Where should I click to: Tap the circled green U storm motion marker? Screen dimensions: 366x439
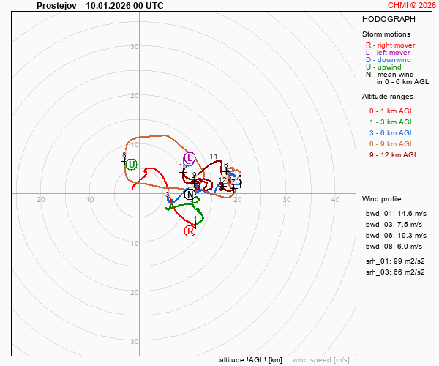tap(132, 164)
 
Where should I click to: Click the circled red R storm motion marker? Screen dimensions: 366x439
tap(190, 231)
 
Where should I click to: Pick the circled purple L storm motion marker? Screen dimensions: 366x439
tap(189, 158)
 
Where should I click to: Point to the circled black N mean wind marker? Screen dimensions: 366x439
tap(190, 194)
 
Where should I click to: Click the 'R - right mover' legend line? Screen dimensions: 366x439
tap(390, 45)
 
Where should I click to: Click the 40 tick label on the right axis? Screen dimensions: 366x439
tap(335, 200)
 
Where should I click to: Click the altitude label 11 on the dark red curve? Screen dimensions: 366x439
tap(214, 157)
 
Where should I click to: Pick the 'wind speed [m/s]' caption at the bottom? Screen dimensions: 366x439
tap(320, 360)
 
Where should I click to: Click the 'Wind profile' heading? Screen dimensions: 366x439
tap(381, 198)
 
